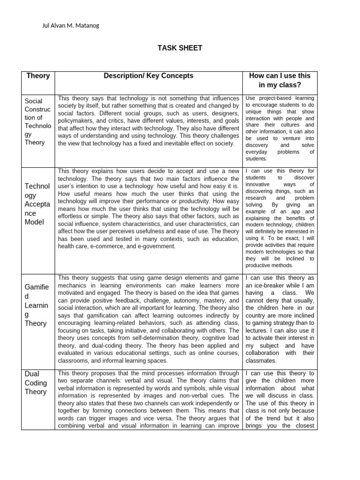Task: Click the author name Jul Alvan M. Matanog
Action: [x=71, y=25]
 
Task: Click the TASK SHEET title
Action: [x=180, y=48]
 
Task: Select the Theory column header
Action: [x=38, y=75]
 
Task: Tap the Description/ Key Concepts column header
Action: [x=148, y=75]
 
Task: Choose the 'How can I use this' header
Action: [x=280, y=75]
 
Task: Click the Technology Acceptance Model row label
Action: [x=37, y=204]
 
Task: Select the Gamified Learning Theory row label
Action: [x=36, y=305]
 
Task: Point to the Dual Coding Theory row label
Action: [x=36, y=382]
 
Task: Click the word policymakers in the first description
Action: [x=77, y=120]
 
